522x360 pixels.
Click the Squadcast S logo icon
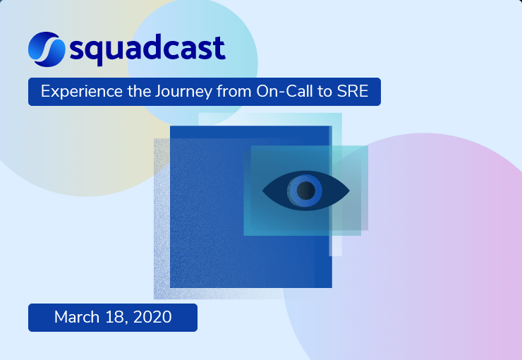tap(47, 48)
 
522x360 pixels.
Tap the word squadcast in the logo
tap(148, 49)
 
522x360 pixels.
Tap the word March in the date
tap(77, 318)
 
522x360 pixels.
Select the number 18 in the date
tap(116, 318)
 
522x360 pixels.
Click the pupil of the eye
tap(305, 190)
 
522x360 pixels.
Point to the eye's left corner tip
tap(264, 190)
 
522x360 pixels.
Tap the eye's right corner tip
tap(348, 190)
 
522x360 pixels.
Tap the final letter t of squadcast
tap(219, 48)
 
